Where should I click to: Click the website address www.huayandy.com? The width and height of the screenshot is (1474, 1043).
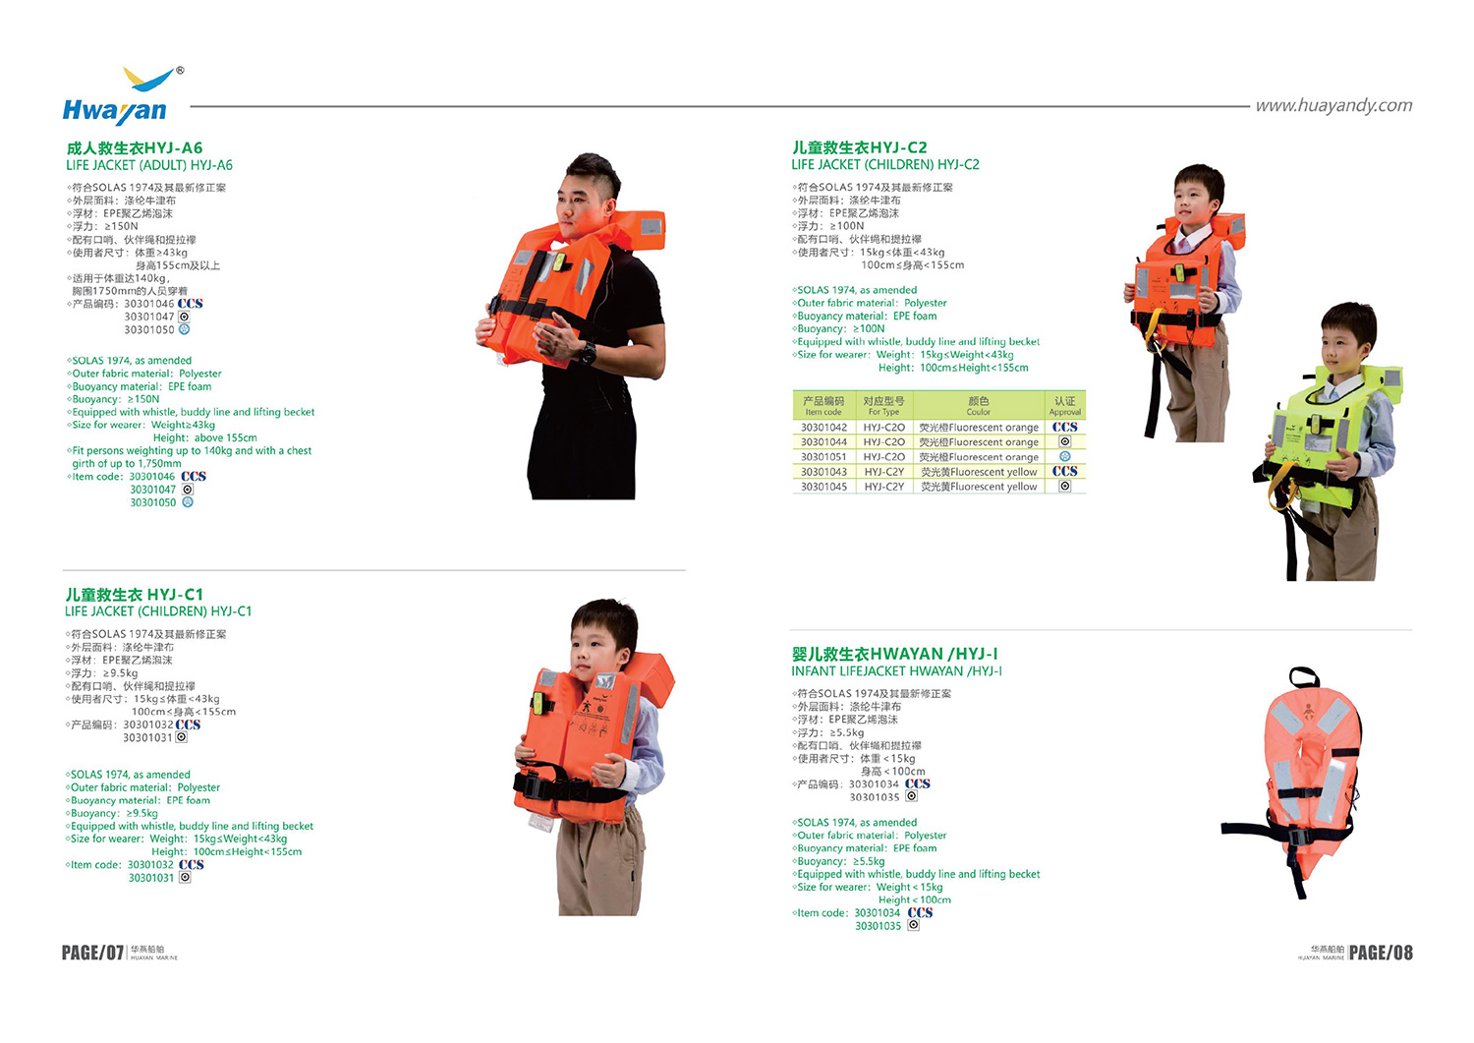[1333, 105]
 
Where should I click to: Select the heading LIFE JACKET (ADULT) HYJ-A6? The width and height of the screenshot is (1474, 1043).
[149, 165]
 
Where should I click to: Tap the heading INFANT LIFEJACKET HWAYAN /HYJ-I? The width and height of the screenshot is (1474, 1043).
[896, 671]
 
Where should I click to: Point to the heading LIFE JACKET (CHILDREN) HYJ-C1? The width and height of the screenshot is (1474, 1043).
[158, 611]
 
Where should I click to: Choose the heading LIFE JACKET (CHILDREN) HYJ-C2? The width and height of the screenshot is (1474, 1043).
[884, 164]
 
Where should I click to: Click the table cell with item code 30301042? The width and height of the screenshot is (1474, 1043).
[823, 428]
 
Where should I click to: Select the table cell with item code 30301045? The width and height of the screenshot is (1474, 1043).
[823, 487]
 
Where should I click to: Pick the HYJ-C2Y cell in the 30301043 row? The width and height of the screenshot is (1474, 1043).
[883, 472]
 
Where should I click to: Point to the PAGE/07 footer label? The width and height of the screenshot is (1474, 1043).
[92, 953]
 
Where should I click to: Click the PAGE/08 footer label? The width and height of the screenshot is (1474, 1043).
[1381, 953]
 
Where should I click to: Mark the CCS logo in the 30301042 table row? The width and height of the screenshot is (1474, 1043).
[1064, 428]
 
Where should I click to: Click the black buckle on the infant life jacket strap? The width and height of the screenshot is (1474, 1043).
[1296, 839]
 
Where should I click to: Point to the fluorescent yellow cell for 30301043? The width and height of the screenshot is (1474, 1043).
[978, 472]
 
